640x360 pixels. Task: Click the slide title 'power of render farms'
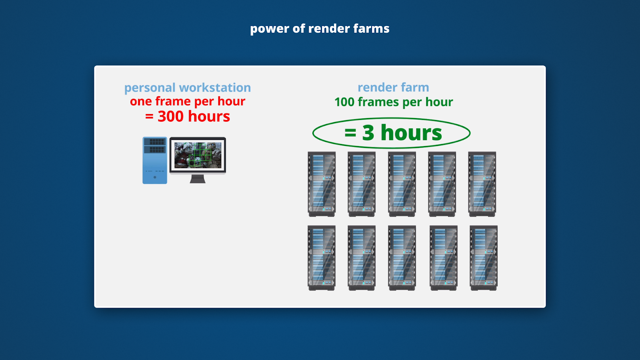[x=320, y=28]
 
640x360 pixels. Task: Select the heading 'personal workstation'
[x=187, y=88]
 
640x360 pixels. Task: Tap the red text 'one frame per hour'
[x=187, y=101]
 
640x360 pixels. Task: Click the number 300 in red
[x=171, y=116]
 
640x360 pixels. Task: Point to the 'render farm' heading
[x=393, y=87]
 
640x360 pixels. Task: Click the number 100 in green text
[x=344, y=102]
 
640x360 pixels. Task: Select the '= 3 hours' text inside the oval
[x=393, y=133]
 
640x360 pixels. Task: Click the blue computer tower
[x=155, y=160]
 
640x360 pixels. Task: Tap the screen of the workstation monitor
[x=198, y=155]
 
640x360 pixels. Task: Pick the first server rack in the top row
[x=322, y=184]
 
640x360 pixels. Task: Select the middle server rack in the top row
[x=402, y=184]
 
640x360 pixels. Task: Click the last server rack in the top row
[x=482, y=184]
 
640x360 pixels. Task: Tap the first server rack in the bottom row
[x=322, y=258]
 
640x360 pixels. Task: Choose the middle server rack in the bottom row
[x=402, y=258]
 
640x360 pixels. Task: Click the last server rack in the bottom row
[x=484, y=258]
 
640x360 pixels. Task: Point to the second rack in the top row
[x=362, y=184]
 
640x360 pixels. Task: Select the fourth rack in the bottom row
[x=443, y=258]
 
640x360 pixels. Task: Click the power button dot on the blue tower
[x=155, y=177]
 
